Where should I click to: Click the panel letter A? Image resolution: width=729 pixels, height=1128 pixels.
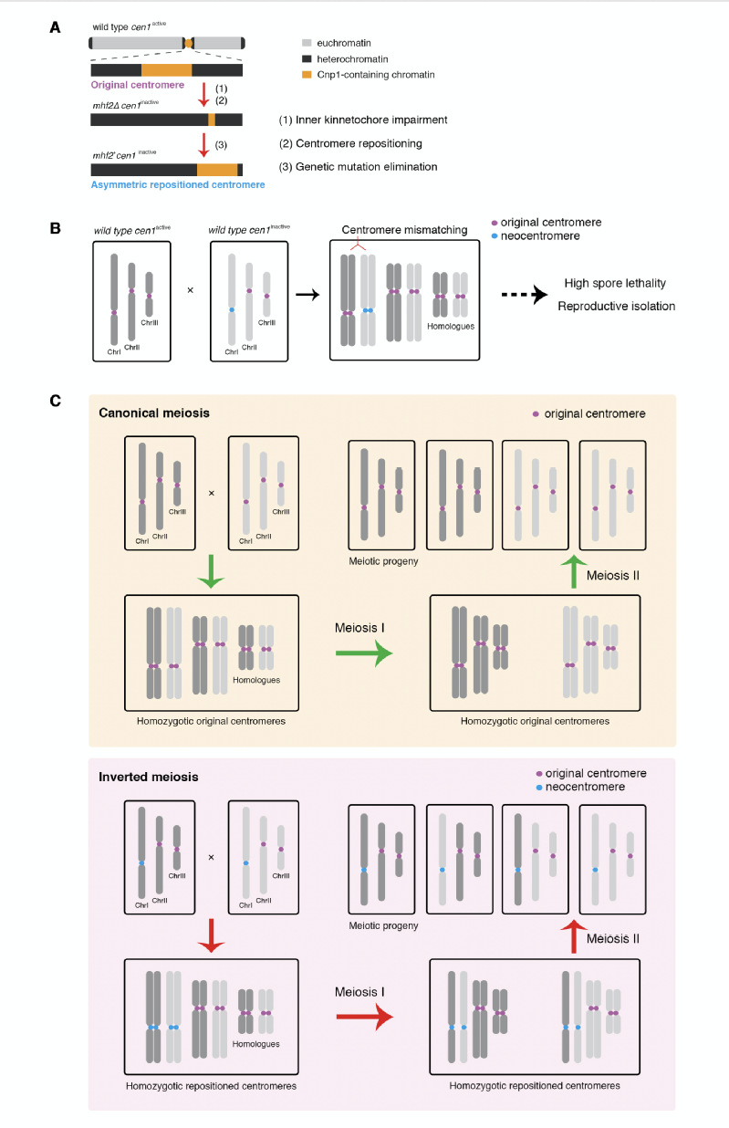[x=55, y=26]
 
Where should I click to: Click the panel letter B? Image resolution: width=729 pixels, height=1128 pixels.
[x=55, y=224]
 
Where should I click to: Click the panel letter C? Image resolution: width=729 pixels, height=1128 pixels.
[x=55, y=401]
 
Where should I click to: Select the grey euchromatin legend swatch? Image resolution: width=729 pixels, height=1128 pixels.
[x=306, y=43]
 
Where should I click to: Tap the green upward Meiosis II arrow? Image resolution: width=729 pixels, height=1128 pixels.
[x=573, y=571]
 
